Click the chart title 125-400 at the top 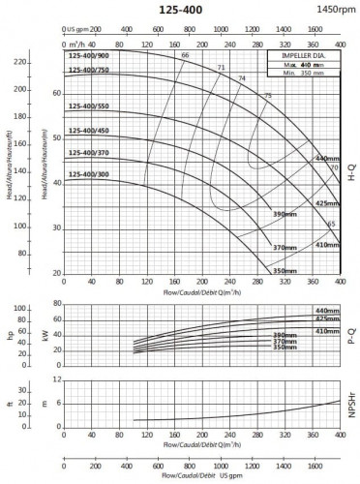179,8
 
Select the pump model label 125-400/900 88,56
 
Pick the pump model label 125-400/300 88,174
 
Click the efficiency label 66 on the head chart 184,55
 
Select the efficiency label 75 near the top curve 267,95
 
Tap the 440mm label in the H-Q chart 327,157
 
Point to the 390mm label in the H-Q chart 284,213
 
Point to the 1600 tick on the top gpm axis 315,30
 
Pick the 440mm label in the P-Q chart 327,310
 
